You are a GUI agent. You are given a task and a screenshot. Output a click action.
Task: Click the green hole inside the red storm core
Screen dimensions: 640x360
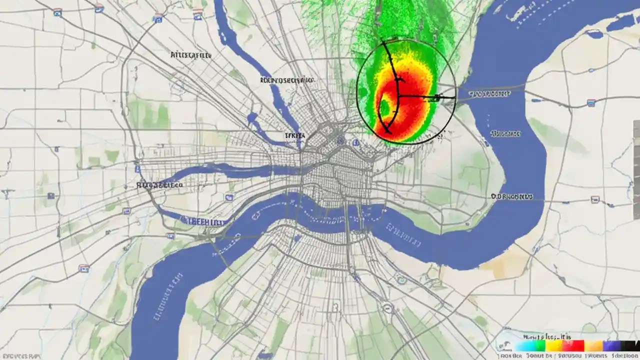click(385, 106)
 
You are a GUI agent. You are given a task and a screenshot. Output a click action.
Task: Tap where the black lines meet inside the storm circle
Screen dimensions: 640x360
click(399, 95)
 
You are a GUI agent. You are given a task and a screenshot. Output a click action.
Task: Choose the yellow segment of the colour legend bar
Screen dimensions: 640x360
click(553, 345)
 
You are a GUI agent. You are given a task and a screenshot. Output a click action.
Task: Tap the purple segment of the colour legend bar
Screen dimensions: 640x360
click(610, 345)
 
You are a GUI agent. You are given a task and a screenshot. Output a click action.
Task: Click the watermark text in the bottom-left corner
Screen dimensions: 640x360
click(20, 356)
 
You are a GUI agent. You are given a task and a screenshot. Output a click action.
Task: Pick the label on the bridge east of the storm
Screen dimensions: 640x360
click(490, 93)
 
